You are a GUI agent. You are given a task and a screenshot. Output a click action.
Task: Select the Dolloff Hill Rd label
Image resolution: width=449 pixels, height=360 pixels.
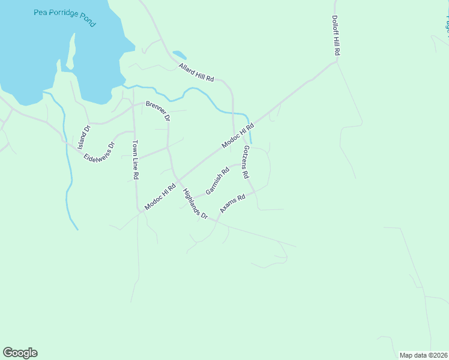click(x=336, y=36)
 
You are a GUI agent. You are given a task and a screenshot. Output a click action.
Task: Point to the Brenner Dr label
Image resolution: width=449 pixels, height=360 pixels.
click(x=158, y=110)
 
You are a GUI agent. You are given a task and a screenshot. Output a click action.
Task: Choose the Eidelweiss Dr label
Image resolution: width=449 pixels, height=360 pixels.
click(x=99, y=153)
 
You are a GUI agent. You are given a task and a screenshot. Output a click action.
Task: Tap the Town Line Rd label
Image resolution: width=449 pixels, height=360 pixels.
click(x=136, y=160)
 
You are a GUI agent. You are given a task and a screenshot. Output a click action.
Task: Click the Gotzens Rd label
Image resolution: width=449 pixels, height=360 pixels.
click(x=246, y=163)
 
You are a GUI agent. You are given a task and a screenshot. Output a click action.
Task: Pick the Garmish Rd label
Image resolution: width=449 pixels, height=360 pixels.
click(x=217, y=181)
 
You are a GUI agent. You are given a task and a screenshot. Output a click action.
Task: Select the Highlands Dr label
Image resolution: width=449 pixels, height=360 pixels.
click(x=195, y=204)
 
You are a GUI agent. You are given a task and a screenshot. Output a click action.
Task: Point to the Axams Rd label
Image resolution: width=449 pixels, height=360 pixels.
click(x=232, y=203)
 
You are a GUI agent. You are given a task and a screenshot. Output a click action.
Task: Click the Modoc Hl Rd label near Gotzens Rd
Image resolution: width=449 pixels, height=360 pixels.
click(x=238, y=136)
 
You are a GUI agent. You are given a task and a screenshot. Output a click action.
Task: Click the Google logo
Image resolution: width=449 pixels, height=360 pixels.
click(x=20, y=353)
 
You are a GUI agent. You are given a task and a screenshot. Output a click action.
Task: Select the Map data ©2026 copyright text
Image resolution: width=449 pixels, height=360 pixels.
click(x=423, y=355)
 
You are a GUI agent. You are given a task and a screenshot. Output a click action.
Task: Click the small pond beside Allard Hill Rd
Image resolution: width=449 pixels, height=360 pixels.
click(x=179, y=55)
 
